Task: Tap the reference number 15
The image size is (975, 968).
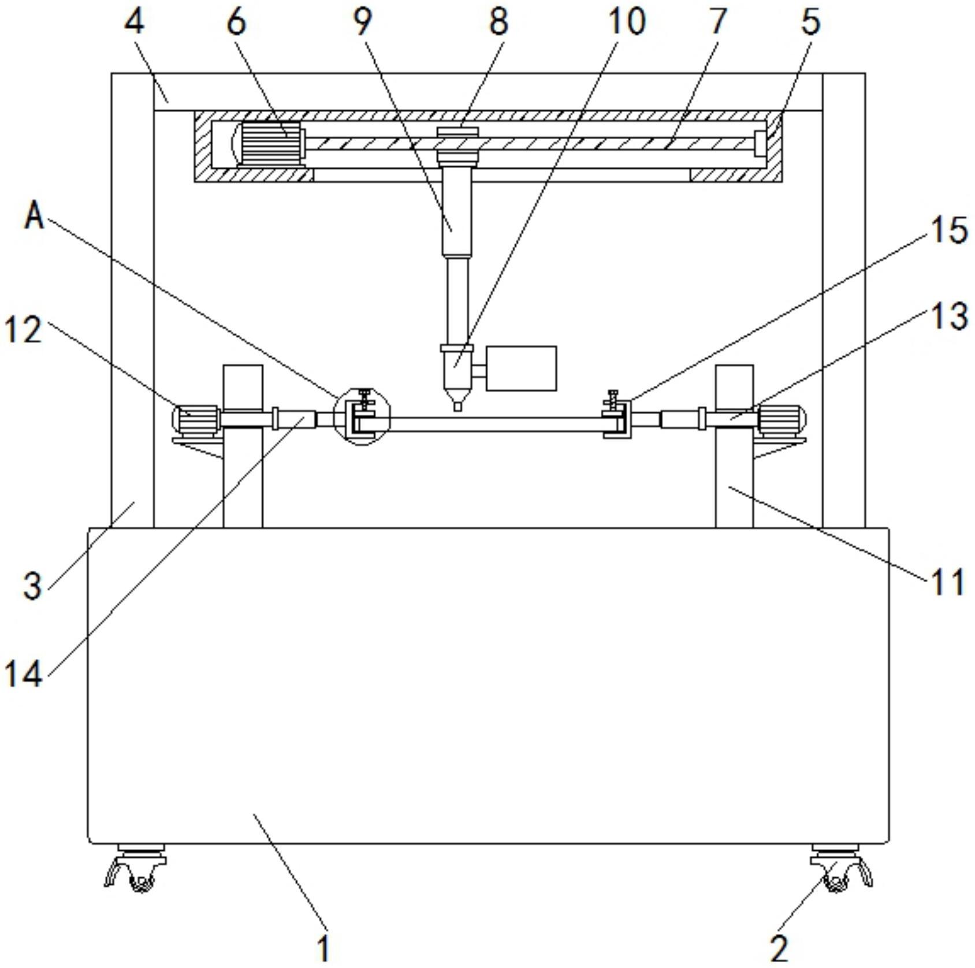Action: (948, 230)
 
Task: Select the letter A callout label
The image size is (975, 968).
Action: (35, 217)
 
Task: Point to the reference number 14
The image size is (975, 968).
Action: (24, 673)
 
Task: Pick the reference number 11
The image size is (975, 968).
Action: (947, 582)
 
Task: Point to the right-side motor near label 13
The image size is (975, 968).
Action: (782, 420)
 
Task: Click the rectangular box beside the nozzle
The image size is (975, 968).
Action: (521, 368)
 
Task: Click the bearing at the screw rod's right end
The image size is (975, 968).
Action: (760, 143)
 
